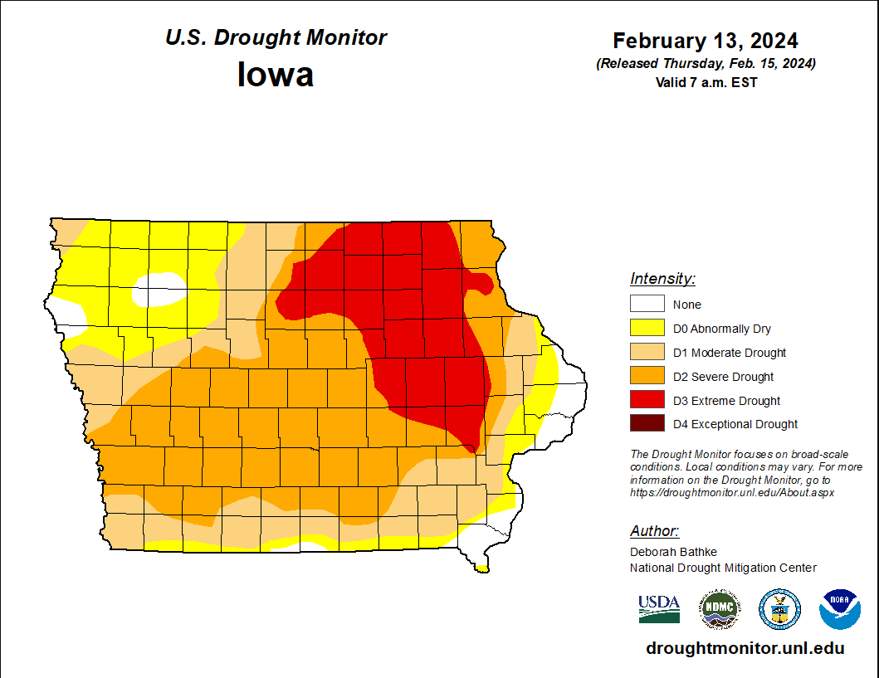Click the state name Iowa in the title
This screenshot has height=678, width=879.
click(x=276, y=75)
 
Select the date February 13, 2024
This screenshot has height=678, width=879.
click(x=706, y=41)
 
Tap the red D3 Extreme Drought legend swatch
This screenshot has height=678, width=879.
click(x=647, y=400)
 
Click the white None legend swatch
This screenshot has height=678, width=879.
click(x=647, y=304)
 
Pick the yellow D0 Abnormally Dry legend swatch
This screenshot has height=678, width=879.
click(x=647, y=328)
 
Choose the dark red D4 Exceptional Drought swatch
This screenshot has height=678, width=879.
click(x=647, y=423)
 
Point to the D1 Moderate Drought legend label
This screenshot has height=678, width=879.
click(x=730, y=353)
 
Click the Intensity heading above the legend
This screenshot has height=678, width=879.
click(x=662, y=278)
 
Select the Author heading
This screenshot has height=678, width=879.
click(x=654, y=531)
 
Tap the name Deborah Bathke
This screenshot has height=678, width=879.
click(x=673, y=552)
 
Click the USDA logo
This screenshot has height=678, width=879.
click(x=659, y=608)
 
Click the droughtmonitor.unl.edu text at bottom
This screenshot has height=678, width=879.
click(x=745, y=649)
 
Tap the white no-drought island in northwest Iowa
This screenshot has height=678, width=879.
click(x=159, y=290)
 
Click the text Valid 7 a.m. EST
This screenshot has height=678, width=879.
click(x=706, y=82)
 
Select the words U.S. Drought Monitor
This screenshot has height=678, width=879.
click(x=276, y=38)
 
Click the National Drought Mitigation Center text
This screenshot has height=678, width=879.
click(x=723, y=568)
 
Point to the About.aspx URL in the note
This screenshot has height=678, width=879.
click(x=731, y=492)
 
